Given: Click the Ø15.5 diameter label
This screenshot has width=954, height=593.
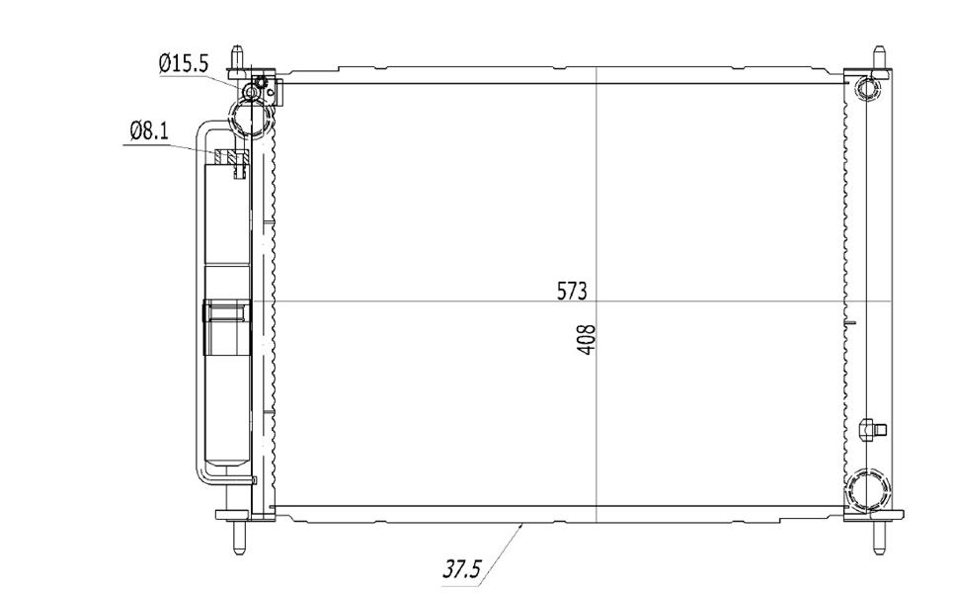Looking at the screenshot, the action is (x=184, y=63).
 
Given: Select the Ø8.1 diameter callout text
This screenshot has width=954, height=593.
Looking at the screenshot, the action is (x=149, y=130).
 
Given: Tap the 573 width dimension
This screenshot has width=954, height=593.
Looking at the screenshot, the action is (x=572, y=292).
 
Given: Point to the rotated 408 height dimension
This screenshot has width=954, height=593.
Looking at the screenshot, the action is (x=588, y=340).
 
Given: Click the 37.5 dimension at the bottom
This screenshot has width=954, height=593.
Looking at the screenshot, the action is (x=461, y=570).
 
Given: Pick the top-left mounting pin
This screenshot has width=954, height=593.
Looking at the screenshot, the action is (x=237, y=59).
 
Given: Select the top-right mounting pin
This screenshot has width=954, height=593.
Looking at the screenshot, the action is (x=879, y=59).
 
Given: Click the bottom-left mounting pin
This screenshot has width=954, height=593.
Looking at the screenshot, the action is (x=239, y=536).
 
